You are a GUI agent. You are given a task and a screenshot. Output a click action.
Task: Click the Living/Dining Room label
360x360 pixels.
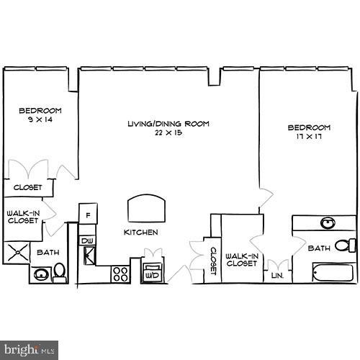[168, 124]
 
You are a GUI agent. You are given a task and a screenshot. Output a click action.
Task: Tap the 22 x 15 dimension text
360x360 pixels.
[168, 133]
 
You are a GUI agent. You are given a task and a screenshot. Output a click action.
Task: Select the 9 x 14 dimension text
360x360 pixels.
[40, 120]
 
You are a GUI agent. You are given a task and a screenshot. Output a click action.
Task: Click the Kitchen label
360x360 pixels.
[140, 233]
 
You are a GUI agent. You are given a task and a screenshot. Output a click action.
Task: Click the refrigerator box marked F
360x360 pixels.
[88, 215]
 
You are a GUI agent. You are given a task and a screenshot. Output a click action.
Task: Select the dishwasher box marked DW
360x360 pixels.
[87, 240]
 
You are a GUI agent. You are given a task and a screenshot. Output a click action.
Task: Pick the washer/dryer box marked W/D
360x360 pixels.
[153, 274]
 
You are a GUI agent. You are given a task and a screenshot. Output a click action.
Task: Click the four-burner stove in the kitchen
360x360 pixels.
[120, 274]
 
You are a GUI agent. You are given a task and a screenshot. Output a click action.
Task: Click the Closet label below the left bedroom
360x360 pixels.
[27, 188]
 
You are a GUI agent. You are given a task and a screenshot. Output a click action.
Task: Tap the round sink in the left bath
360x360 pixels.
[41, 274]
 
